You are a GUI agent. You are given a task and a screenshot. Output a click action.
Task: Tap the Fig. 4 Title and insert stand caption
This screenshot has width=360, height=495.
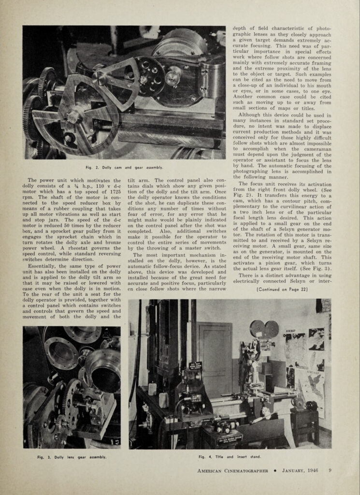[229, 457]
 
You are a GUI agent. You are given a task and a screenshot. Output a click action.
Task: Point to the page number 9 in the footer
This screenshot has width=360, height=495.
[330, 470]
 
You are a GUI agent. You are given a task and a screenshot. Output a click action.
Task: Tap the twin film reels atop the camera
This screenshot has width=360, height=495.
[264, 329]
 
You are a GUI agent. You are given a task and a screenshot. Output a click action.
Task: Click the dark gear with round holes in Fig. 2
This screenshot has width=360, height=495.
[149, 76]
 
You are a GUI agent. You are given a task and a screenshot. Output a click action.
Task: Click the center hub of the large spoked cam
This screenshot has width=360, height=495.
[75, 116]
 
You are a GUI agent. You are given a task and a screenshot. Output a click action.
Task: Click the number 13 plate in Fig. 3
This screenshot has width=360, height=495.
[115, 441]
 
